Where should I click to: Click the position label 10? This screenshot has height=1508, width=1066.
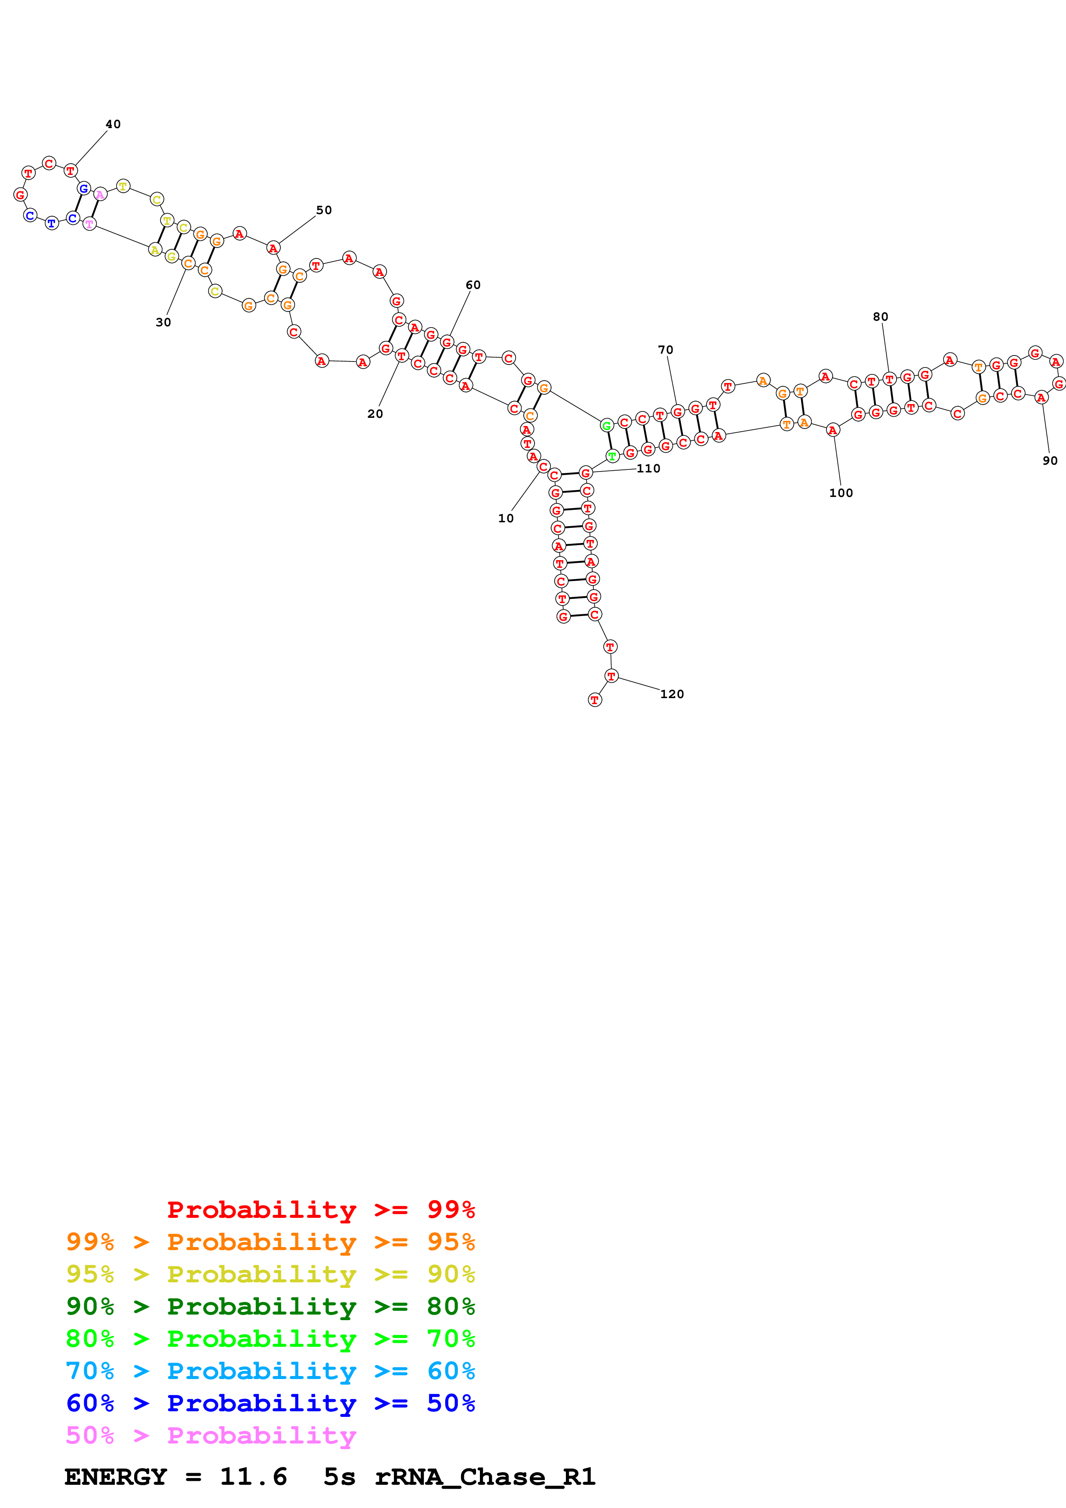pos(506,518)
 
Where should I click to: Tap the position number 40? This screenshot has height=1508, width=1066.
pos(113,124)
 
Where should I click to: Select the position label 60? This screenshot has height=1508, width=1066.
pos(473,285)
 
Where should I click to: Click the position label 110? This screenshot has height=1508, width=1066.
pos(648,468)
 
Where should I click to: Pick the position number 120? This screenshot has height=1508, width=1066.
pos(672,694)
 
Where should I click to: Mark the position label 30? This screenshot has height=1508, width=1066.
pos(163,322)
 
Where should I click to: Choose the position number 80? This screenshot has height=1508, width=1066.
pos(880,316)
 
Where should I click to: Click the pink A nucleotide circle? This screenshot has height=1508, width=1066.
pos(100,194)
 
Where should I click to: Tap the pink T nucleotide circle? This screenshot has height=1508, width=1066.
pos(89,224)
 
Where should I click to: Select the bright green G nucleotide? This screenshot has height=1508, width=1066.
pos(607,426)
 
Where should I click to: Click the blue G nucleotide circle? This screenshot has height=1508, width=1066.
pos(83,188)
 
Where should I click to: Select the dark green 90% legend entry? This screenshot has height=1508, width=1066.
pos(270,1306)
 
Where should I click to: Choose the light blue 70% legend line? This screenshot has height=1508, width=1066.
pos(270,1371)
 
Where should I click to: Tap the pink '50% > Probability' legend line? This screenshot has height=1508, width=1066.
pos(210,1435)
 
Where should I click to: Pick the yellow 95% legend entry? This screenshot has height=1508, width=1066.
pos(270,1274)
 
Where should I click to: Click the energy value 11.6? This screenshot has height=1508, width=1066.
pos(254,1477)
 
